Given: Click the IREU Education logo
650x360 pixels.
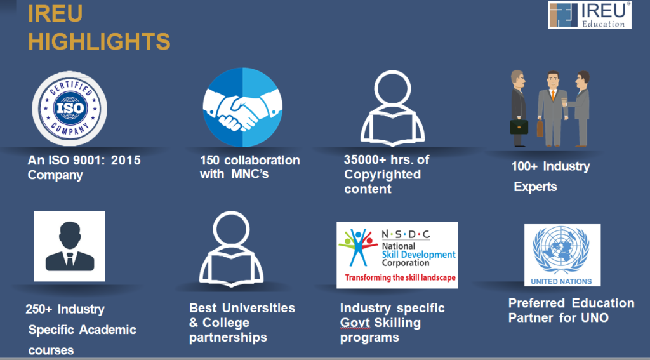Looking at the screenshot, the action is point(590,15).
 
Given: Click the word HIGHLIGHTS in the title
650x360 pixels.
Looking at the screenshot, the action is point(99,41).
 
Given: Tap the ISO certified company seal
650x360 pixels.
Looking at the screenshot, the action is point(70,109).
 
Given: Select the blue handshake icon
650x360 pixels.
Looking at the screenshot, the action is point(242,107).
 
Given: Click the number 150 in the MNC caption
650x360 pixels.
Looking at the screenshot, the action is point(209,160).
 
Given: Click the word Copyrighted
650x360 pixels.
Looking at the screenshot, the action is point(382,174).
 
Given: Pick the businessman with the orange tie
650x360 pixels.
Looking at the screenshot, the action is point(552,109).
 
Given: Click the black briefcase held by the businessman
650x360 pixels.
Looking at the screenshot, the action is point(519,127).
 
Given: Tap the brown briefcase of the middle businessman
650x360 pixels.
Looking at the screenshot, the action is point(540,128).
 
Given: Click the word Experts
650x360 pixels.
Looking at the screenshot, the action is point(535,187).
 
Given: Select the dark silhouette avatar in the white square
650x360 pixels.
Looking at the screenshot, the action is point(70,246).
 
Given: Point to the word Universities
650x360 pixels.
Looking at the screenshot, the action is point(259,308).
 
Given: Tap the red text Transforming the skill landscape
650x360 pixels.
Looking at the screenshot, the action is point(400,277).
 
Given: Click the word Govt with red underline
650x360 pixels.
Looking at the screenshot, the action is point(355,323).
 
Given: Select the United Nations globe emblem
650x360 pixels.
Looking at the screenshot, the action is point(562,251).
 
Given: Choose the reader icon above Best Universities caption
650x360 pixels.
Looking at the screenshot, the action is point(231,249).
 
